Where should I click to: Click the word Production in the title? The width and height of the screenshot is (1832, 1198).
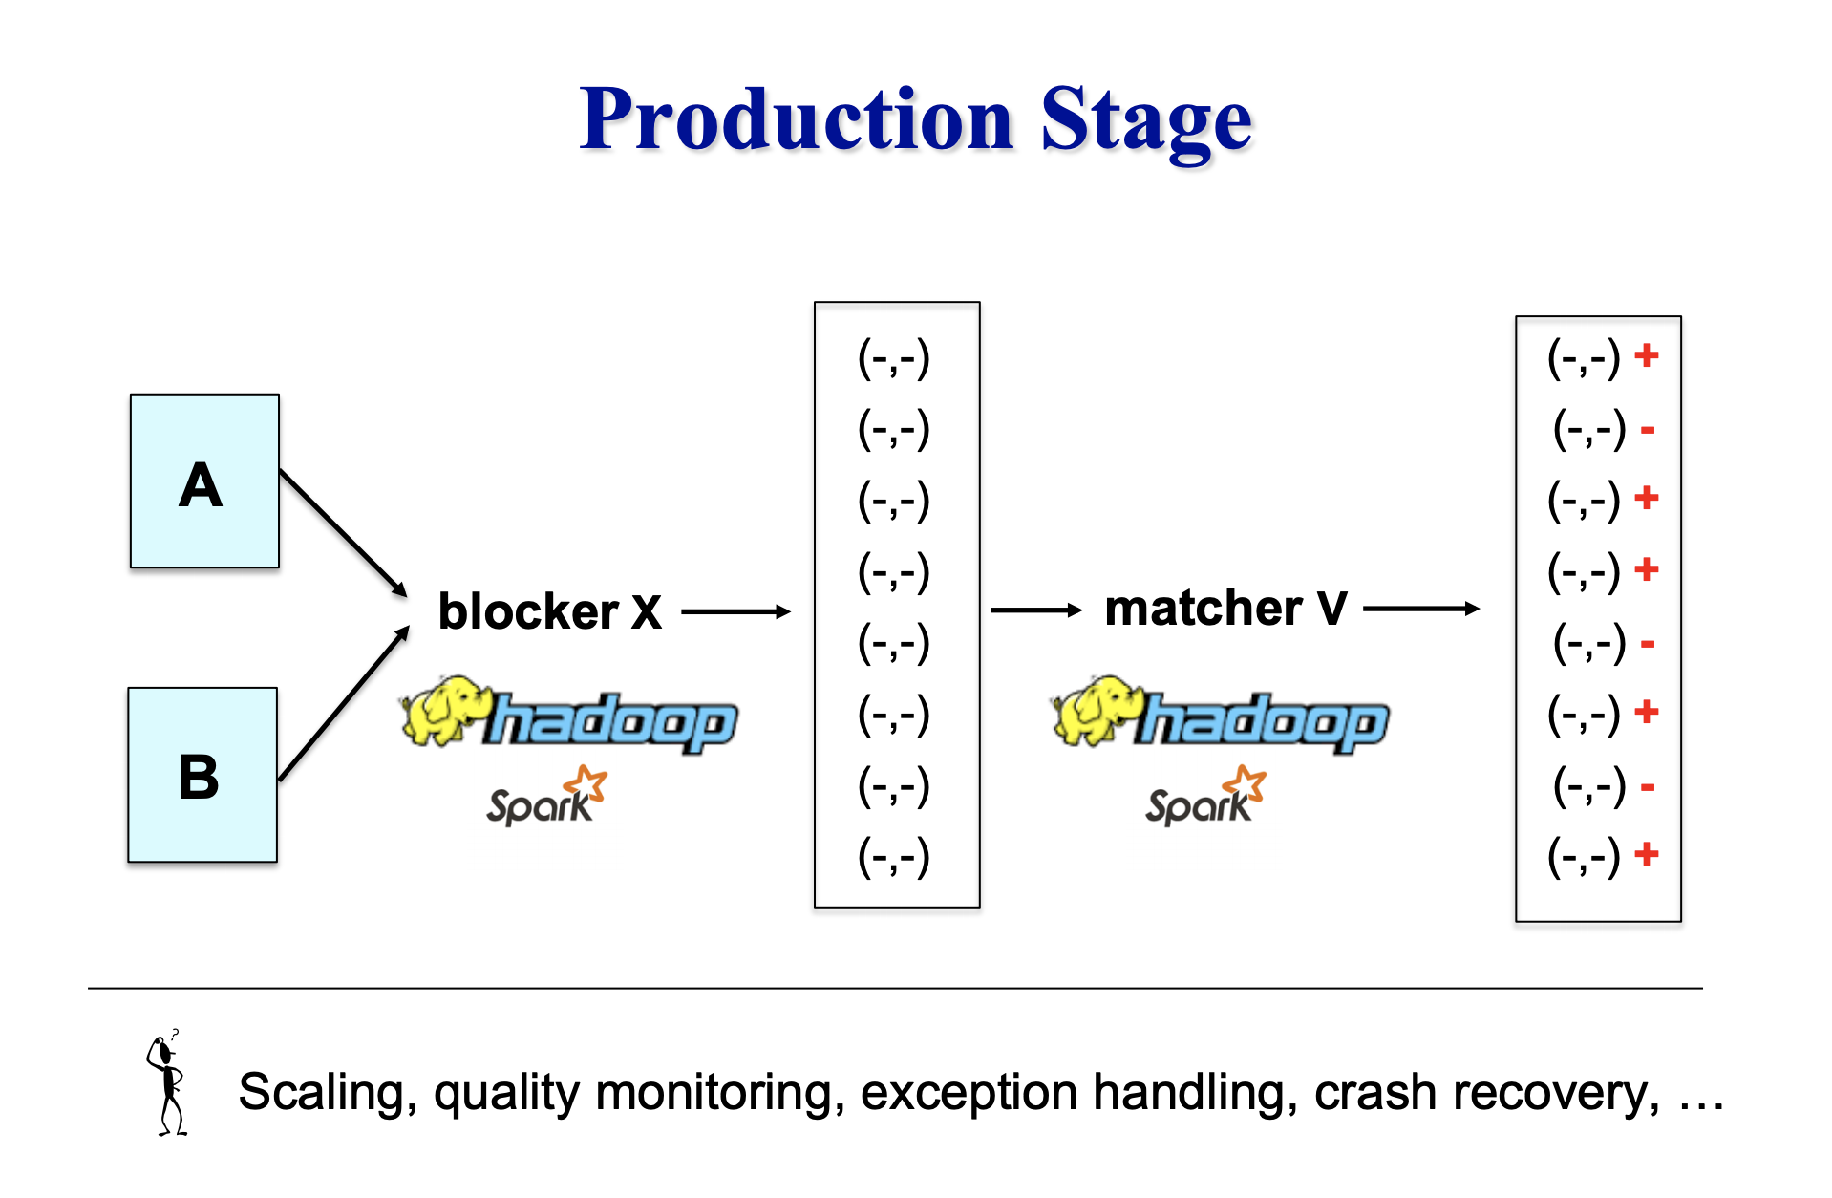tap(797, 119)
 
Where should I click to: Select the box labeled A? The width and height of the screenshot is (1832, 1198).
tap(204, 481)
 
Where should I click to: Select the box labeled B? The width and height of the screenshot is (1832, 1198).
tap(202, 775)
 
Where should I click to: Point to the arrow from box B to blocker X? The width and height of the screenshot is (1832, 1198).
tap(344, 703)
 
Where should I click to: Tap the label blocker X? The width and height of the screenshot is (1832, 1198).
tap(549, 611)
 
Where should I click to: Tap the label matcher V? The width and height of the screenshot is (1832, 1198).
tap(1225, 608)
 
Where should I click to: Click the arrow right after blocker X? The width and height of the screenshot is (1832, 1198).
tap(736, 611)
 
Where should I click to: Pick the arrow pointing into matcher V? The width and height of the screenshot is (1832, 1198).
tap(1036, 610)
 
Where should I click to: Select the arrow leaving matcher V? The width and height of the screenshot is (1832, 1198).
tap(1421, 609)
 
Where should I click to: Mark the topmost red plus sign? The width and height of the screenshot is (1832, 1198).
tap(1646, 355)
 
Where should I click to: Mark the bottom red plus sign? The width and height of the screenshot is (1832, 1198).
tap(1646, 854)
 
